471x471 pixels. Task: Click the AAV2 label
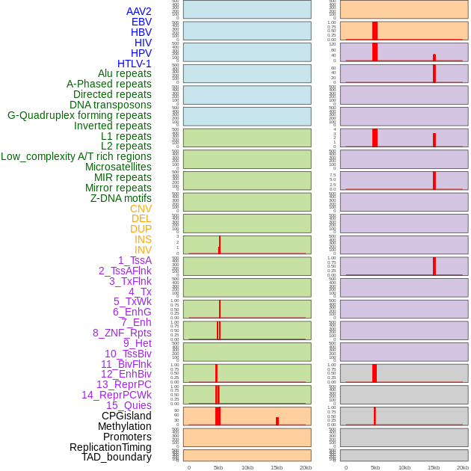click(x=138, y=11)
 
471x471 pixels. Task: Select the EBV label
click(x=141, y=22)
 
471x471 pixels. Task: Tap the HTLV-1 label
click(x=134, y=64)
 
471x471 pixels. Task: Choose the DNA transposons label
click(x=111, y=105)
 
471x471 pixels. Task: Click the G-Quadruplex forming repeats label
click(x=79, y=115)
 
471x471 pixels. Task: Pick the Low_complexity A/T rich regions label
click(x=76, y=156)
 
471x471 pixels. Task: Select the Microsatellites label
click(x=118, y=167)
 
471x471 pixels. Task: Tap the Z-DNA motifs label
click(x=121, y=198)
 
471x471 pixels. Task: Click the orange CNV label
click(x=141, y=209)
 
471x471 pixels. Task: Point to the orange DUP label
click(x=141, y=229)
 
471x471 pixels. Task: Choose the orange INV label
click(x=143, y=250)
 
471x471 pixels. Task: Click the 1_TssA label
click(x=135, y=260)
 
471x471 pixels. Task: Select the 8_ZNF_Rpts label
click(x=122, y=333)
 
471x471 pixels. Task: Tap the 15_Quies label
click(x=129, y=405)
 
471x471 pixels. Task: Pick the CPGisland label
click(x=126, y=416)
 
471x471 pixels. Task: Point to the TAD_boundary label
click(x=116, y=457)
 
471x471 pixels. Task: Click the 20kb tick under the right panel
click(x=463, y=467)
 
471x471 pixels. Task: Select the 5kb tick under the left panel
click(x=218, y=467)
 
